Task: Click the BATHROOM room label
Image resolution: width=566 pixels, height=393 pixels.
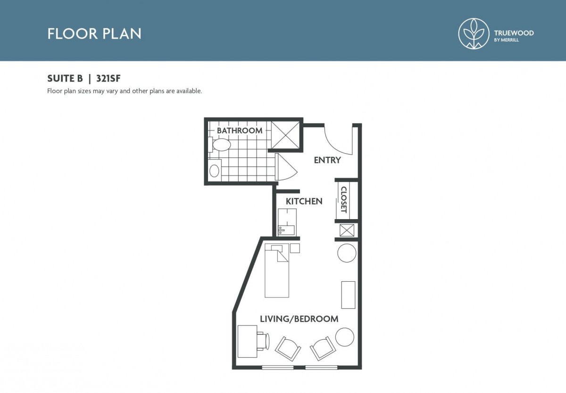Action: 240,131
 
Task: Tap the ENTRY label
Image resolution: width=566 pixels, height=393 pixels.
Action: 327,160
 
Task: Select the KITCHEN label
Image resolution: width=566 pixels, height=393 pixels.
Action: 304,201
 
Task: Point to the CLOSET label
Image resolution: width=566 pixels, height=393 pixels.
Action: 344,199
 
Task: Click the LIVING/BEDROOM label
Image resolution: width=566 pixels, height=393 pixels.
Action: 299,319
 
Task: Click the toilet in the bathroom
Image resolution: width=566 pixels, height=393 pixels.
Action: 220,145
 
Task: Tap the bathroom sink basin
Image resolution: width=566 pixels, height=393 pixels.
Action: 214,171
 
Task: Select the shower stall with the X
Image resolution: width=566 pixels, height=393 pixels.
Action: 285,135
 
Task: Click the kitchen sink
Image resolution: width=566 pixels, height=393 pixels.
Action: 286,230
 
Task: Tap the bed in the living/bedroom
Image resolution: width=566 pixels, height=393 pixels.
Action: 277,270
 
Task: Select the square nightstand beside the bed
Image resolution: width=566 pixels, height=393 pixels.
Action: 295,248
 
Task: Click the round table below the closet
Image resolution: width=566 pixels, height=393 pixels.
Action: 347,253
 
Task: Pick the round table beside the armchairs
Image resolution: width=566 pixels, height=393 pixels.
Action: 345,337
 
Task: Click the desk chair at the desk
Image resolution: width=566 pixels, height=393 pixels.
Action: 263,341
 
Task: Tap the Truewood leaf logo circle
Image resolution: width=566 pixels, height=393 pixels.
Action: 474,33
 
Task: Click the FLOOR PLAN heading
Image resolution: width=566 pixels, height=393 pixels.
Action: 94,34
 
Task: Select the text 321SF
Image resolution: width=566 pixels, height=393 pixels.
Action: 108,79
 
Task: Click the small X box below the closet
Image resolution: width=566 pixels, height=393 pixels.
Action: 347,230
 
